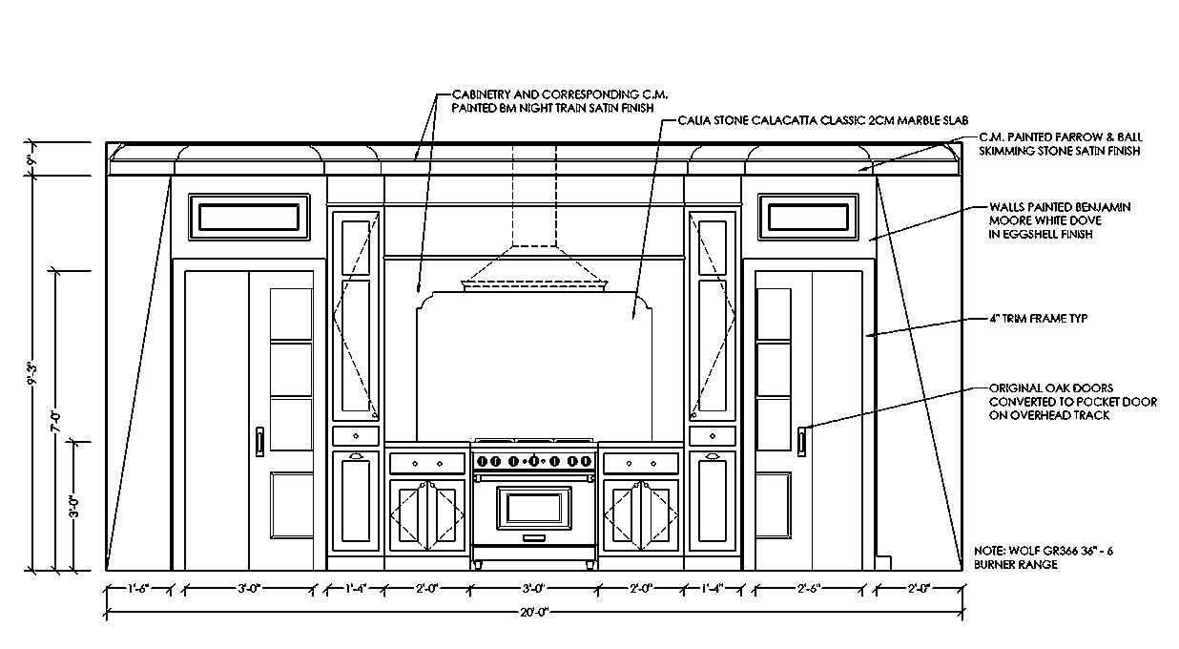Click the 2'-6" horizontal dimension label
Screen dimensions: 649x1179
pos(808,589)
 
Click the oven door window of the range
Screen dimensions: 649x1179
pos(534,507)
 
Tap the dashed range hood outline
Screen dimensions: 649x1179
pos(534,239)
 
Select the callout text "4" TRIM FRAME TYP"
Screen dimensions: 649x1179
pos(1038,319)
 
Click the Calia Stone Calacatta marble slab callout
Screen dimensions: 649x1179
pos(823,121)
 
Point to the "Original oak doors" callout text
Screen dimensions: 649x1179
pos(1071,402)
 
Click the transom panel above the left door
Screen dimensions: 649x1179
pos(250,217)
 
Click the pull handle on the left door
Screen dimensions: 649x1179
pos(259,441)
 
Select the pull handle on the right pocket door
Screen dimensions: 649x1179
pos(802,441)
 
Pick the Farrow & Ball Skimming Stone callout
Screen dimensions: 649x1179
pos(1059,144)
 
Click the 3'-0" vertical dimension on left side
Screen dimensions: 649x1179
pos(74,506)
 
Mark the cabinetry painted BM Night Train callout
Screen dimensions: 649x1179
pos(553,102)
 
